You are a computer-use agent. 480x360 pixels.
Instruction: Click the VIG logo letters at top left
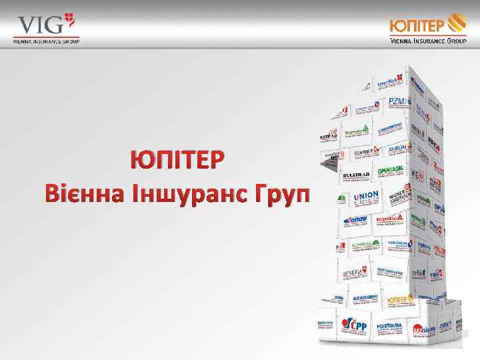(40, 25)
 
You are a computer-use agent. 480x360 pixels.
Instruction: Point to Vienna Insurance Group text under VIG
(45, 41)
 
